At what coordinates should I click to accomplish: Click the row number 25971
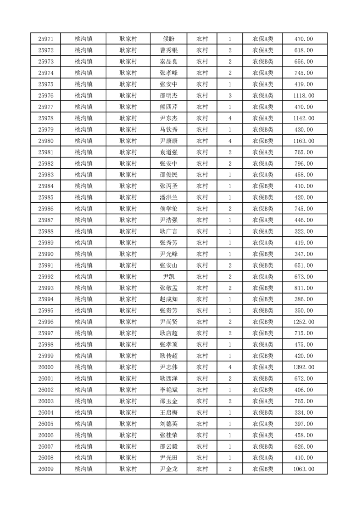[x=46, y=39]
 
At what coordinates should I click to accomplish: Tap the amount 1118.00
[x=304, y=96]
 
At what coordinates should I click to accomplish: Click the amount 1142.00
[x=304, y=118]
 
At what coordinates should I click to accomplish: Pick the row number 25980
[x=46, y=141]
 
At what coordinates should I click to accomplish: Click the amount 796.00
[x=304, y=164]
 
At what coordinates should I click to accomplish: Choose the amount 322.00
[x=304, y=231]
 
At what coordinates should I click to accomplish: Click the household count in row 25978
[x=230, y=118]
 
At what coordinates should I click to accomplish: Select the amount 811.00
[x=304, y=288]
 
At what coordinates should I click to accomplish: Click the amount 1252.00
[x=304, y=322]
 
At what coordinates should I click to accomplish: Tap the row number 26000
[x=46, y=367]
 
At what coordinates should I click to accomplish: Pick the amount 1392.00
[x=304, y=367]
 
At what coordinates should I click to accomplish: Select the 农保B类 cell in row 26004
[x=263, y=412]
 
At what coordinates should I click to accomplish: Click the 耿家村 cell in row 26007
[x=128, y=446]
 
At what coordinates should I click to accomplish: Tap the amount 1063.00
[x=304, y=469]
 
